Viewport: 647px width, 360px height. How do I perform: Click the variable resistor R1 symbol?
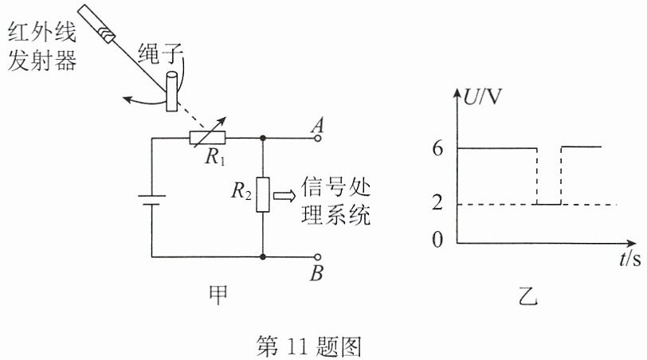[x=207, y=138]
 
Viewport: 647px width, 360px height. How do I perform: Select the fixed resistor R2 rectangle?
[x=263, y=194]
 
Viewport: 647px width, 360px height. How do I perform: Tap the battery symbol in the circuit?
[x=152, y=200]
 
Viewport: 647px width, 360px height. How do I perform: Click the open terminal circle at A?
[x=317, y=138]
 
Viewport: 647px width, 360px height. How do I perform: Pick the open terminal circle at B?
[x=317, y=257]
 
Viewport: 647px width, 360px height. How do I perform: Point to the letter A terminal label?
[x=317, y=125]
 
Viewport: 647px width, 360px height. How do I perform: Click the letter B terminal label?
[x=316, y=273]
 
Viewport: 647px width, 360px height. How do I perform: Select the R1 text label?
[x=215, y=157]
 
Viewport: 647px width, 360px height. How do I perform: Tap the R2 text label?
[x=241, y=191]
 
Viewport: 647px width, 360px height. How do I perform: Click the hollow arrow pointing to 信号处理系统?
[x=284, y=195]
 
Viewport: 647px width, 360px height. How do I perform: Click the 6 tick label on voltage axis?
[x=437, y=148]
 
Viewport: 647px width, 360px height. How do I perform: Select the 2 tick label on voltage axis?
[x=437, y=202]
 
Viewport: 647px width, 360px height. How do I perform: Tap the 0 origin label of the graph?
[x=437, y=240]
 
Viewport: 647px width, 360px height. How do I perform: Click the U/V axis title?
[x=482, y=98]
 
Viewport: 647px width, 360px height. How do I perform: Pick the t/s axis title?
[x=630, y=259]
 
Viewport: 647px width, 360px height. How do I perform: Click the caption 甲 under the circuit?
[x=218, y=295]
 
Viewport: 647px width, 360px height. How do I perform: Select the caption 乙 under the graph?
[x=528, y=295]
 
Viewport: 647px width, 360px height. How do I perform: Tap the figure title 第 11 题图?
[x=308, y=346]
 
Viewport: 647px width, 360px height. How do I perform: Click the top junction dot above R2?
[x=263, y=138]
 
